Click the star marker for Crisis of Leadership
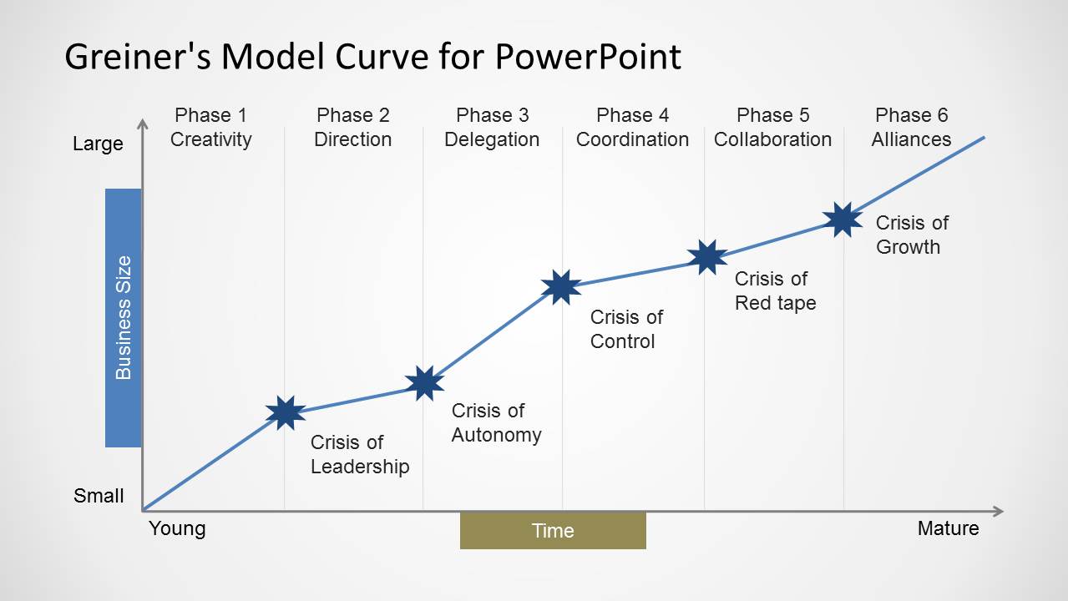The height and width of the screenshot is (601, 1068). tap(286, 412)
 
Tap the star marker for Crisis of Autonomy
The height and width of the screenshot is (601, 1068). tap(424, 383)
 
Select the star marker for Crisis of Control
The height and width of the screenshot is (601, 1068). tap(561, 287)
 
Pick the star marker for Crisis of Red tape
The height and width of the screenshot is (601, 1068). tap(707, 257)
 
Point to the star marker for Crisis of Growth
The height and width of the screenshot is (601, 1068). tap(843, 220)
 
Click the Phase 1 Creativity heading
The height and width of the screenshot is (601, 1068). tap(211, 127)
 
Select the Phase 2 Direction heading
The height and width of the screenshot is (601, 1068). tap(352, 127)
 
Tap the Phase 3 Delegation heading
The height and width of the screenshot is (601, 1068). tap(492, 127)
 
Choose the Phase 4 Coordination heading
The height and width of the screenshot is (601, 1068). tap(632, 127)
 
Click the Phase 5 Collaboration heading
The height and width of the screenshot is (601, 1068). tap(772, 127)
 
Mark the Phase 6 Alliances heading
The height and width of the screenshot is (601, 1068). tap(911, 127)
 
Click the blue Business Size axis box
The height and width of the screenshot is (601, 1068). tap(124, 317)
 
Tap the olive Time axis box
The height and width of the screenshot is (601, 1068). tap(553, 530)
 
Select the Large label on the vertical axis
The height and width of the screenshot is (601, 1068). tap(98, 144)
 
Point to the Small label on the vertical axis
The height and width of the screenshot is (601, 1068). tap(99, 496)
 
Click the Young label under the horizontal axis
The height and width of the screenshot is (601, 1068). tap(177, 528)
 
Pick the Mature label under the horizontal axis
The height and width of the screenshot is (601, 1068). tap(948, 528)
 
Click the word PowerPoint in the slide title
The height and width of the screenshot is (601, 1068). tap(587, 57)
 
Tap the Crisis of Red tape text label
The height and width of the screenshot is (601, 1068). tap(775, 291)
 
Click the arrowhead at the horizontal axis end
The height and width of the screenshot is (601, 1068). tap(998, 511)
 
